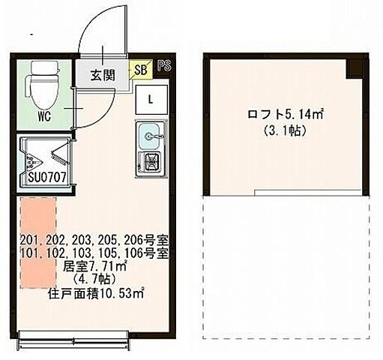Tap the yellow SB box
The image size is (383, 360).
[x=140, y=70]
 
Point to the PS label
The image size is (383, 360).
[x=164, y=65]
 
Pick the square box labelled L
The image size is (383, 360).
[x=151, y=98]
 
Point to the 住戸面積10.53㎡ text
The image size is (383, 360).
[x=96, y=293]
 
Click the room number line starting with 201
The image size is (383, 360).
[x=96, y=240]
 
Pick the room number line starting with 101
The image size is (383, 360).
[x=96, y=253]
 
